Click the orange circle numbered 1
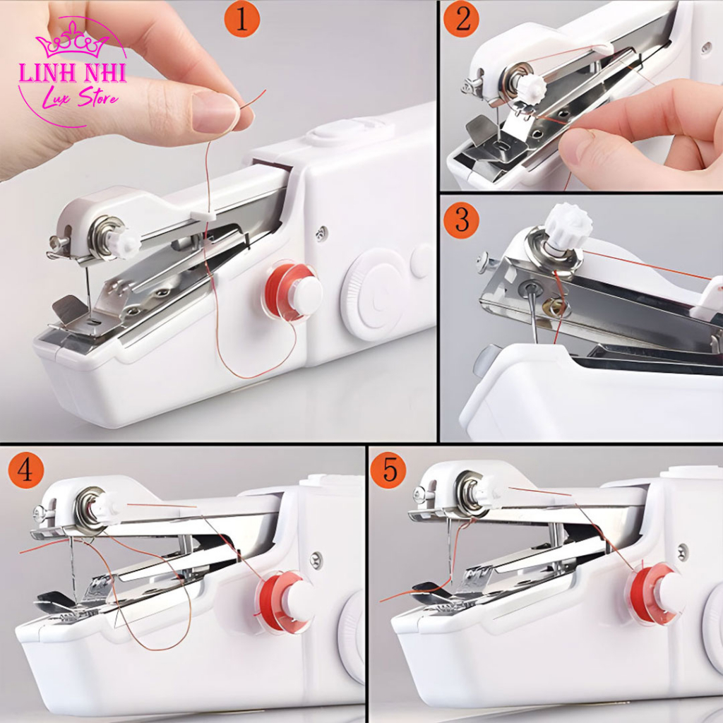242,20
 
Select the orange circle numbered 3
462,220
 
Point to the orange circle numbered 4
25,471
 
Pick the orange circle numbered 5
388,471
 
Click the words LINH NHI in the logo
72,73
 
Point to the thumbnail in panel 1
215,112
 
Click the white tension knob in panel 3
567,227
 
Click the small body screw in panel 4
316,560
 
